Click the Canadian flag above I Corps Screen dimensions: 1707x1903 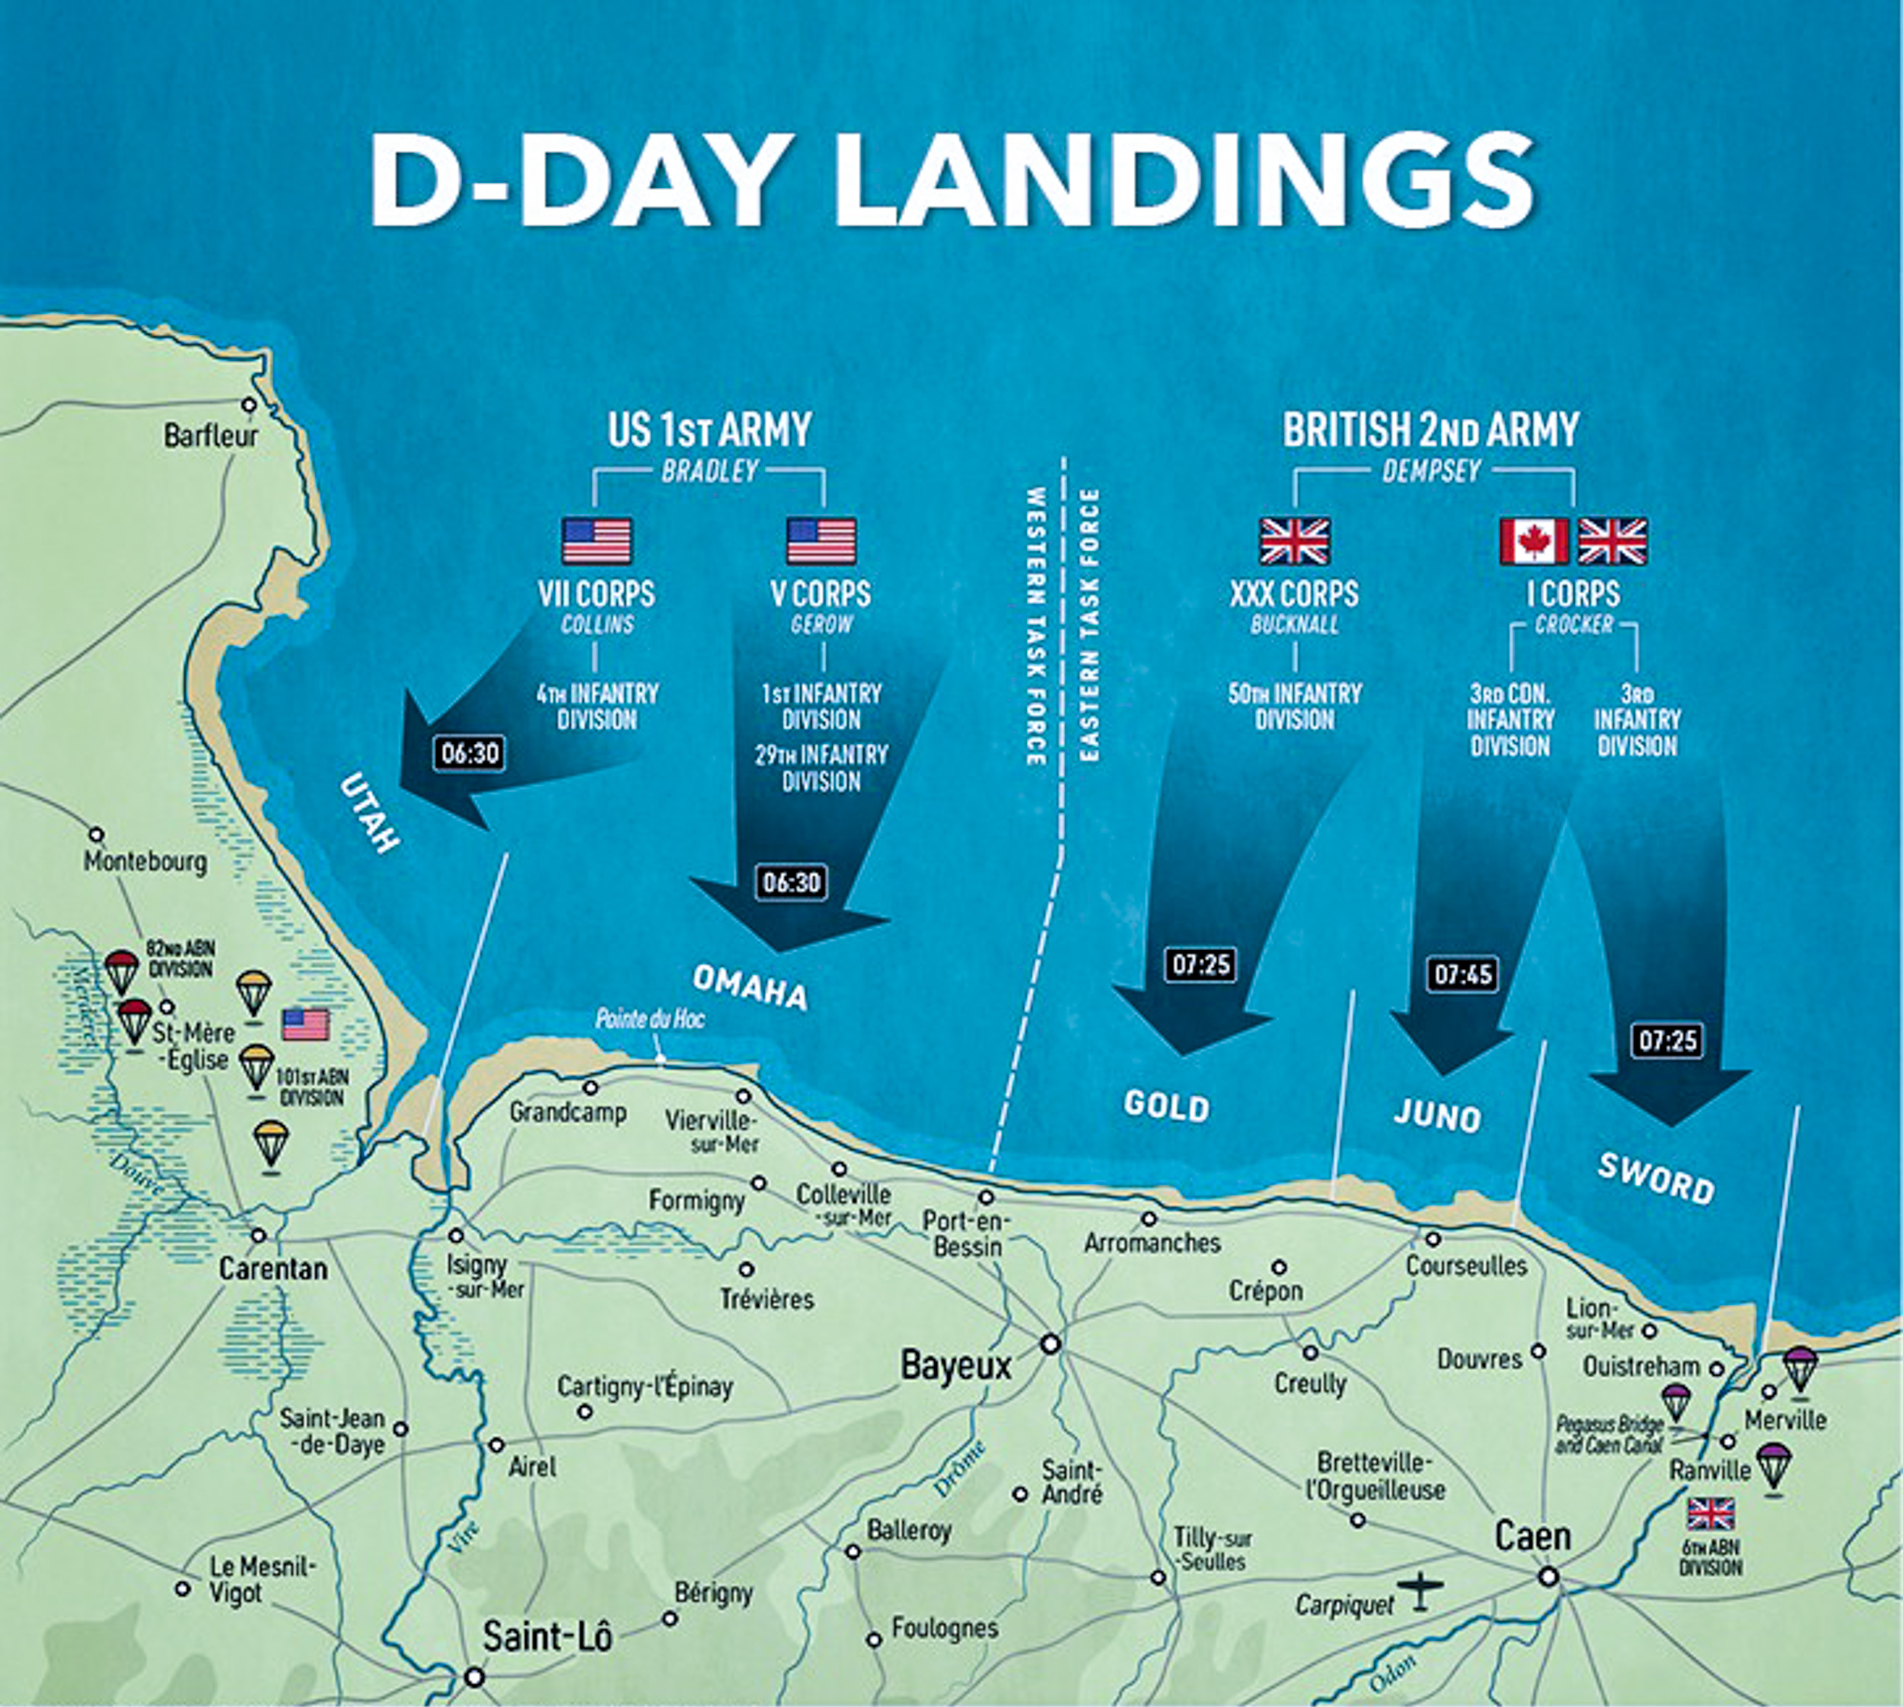[x=1534, y=541]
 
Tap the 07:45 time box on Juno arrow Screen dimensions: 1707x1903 [x=1462, y=975]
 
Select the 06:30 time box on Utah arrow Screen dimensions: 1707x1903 [x=470, y=753]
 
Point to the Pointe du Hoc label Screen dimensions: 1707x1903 [x=650, y=1019]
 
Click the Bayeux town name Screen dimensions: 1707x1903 [x=956, y=1366]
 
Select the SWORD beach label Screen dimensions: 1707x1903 [x=1656, y=1179]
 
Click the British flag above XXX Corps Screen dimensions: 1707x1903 [x=1294, y=541]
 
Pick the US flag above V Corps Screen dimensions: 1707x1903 [x=821, y=541]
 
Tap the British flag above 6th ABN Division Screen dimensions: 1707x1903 [x=1710, y=1514]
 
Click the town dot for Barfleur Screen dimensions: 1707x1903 [x=249, y=405]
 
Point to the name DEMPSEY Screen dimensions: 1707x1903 [x=1431, y=471]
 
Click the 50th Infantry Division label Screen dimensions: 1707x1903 [x=1294, y=707]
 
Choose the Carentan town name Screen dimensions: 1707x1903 [x=273, y=1269]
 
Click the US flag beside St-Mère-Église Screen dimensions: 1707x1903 [x=306, y=1025]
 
